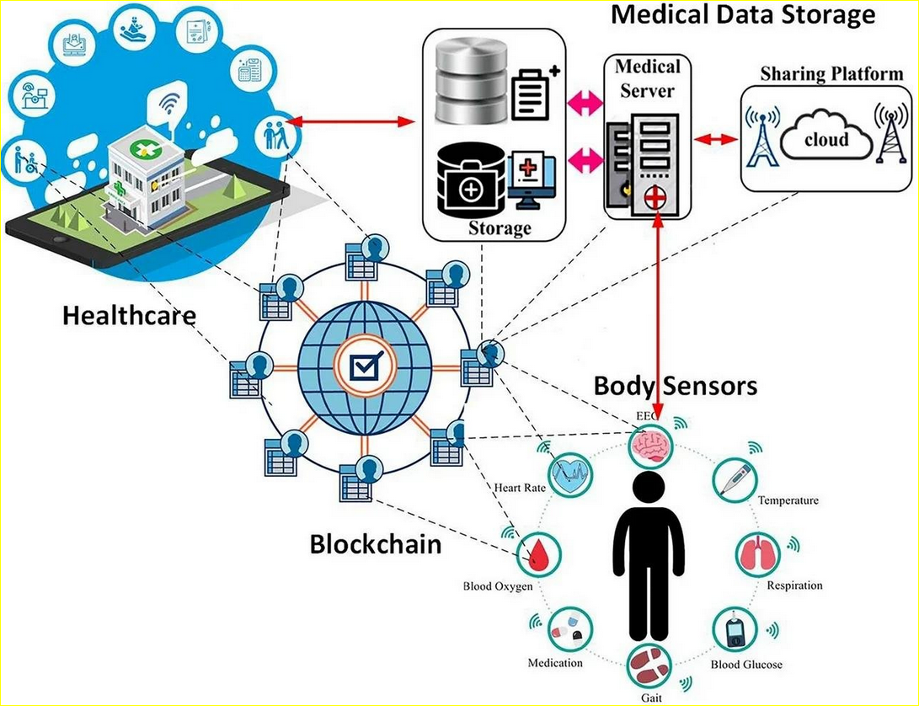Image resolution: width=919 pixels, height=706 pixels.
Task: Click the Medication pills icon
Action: pos(570,629)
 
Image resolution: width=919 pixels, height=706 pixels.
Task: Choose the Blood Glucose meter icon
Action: pos(735,630)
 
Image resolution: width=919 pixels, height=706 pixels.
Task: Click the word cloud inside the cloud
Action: pos(826,140)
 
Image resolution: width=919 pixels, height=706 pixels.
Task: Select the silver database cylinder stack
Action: pos(471,80)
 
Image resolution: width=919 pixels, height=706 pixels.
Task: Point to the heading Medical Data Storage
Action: pos(743,14)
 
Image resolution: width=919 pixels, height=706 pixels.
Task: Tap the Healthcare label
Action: pos(129,315)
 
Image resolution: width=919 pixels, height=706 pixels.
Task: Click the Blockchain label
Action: pos(376,544)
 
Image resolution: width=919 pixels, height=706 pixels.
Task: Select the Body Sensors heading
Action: pos(676,386)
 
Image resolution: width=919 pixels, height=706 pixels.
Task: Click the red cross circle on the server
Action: pos(655,199)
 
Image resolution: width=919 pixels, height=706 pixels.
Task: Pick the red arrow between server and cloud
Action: pos(716,140)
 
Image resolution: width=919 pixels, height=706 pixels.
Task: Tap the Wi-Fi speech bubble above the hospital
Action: pos(168,104)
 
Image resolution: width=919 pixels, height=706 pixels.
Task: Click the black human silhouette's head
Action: pos(649,489)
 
